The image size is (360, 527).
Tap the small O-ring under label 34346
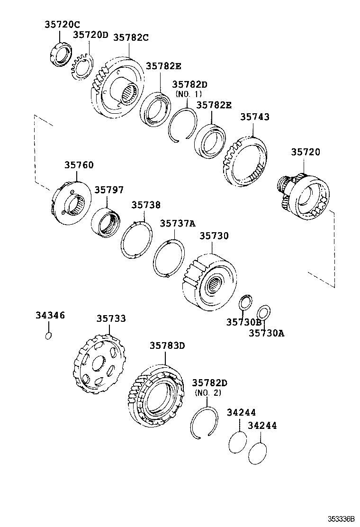pyautogui.click(x=48, y=336)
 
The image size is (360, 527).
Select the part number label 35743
pyautogui.click(x=254, y=117)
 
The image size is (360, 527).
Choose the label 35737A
pyautogui.click(x=177, y=224)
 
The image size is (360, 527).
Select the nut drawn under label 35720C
pyautogui.click(x=61, y=55)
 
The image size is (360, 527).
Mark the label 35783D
pyautogui.click(x=167, y=346)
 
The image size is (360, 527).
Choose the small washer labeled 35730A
pyautogui.click(x=263, y=314)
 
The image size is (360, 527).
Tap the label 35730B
pyautogui.click(x=243, y=322)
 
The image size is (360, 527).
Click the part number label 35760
pyautogui.click(x=79, y=165)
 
